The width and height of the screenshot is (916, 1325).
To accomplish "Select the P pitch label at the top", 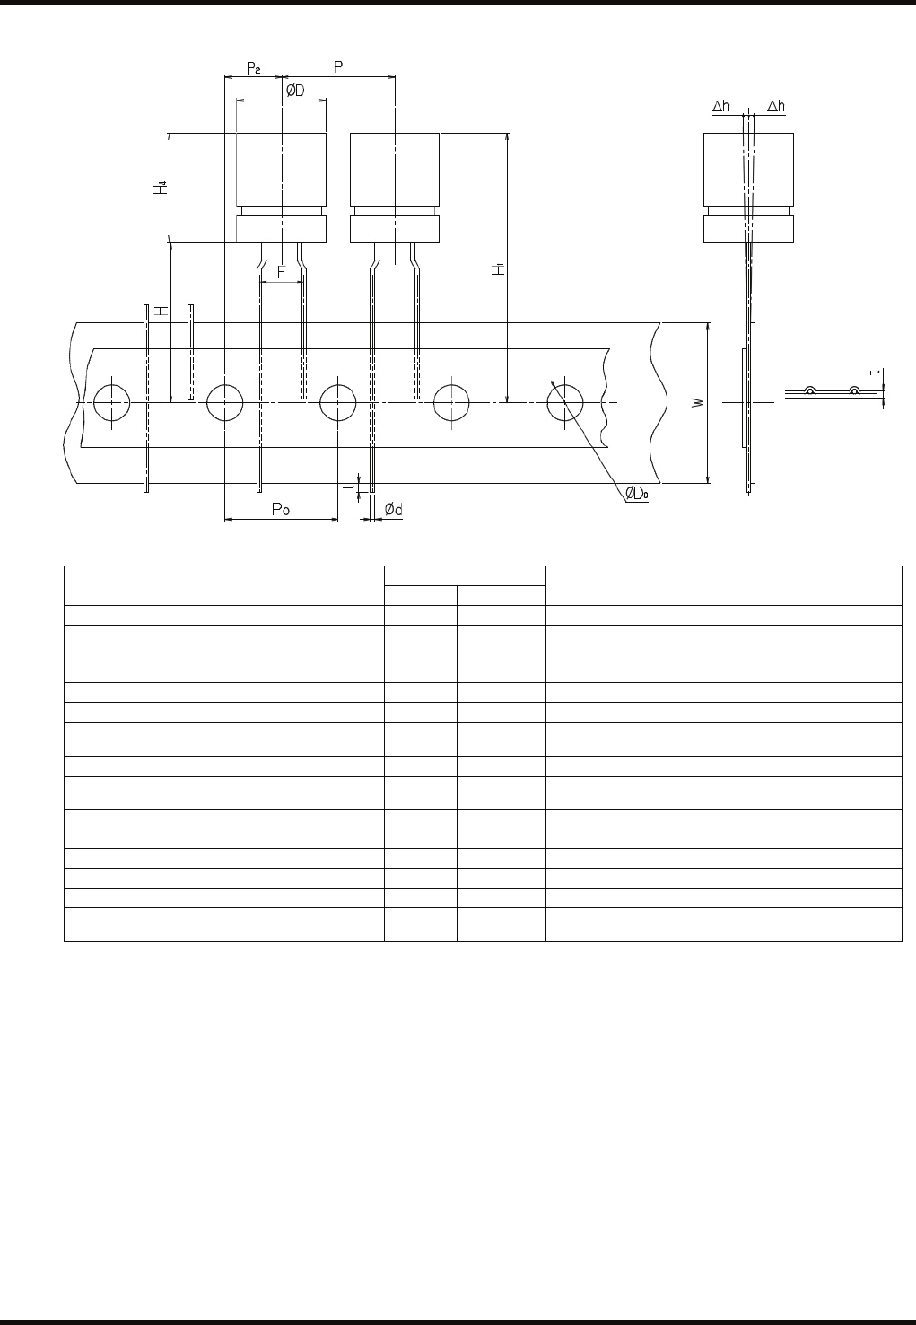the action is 338,66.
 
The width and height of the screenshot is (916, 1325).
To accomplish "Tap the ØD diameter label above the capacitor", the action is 294,90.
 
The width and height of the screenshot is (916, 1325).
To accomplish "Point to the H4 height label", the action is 161,188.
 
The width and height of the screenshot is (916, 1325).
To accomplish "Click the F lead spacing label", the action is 281,270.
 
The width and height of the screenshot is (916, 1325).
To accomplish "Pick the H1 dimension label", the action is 498,268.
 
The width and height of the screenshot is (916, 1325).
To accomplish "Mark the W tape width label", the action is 698,403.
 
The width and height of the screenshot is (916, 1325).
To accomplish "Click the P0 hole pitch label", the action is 281,509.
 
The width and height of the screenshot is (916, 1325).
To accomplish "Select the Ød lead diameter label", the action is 393,509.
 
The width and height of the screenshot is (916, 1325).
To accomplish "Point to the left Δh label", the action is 721,106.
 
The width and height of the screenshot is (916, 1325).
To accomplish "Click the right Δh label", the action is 775,106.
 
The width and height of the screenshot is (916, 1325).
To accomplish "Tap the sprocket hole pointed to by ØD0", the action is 563,403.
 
